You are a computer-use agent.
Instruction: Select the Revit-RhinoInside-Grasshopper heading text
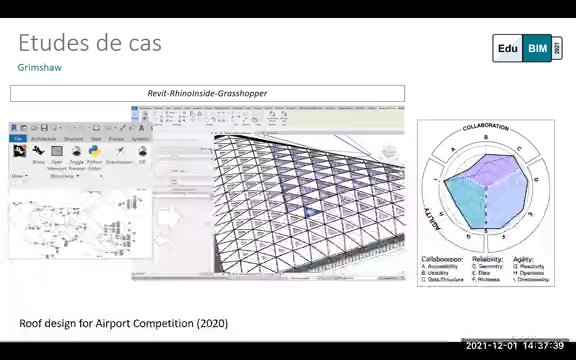click(207, 93)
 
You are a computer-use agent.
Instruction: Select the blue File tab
click(18, 139)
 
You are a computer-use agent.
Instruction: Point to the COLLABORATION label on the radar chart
click(485, 128)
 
